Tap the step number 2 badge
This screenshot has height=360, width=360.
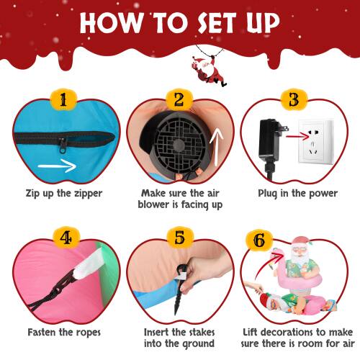click(x=179, y=99)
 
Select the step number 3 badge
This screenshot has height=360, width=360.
click(x=294, y=99)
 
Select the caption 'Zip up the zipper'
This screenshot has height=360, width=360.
click(x=63, y=193)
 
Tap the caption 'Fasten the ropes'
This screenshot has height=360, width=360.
click(x=63, y=333)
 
